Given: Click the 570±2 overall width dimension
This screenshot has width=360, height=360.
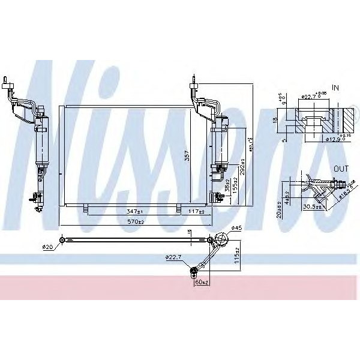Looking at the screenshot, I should point(136,222).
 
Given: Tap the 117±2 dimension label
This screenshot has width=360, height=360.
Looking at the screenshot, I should point(197,212).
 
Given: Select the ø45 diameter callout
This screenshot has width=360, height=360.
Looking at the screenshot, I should point(236,227).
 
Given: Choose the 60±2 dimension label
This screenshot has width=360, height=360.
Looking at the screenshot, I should point(202,282).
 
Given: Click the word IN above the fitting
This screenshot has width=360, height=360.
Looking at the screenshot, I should point(335,88).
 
